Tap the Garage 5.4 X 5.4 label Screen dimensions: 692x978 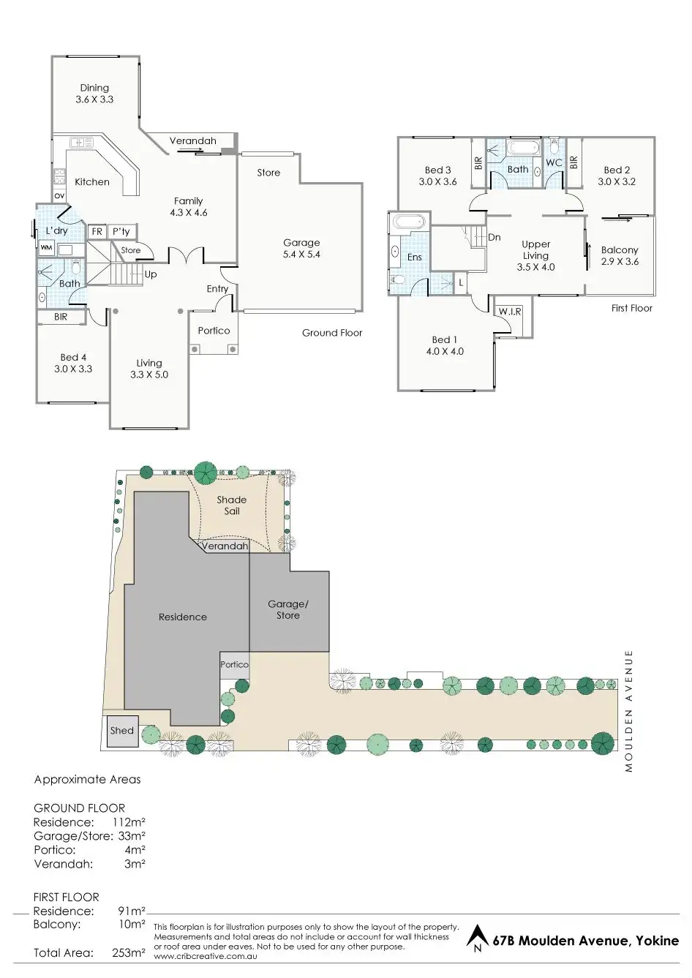301,249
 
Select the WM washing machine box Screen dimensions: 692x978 46,247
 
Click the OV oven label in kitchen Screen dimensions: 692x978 59,195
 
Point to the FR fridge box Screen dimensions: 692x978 97,231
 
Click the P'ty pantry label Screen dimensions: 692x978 121,231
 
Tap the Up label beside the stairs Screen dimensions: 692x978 151,274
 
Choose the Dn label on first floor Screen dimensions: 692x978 494,238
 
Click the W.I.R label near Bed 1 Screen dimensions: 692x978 510,312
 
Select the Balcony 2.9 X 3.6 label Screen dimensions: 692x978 620,256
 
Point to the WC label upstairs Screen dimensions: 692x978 554,162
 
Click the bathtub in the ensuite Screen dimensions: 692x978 408,222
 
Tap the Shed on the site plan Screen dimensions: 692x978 123,731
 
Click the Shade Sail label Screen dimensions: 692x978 232,505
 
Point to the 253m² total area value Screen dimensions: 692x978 128,952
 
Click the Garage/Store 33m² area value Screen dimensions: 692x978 132,836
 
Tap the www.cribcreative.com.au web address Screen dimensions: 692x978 206,956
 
